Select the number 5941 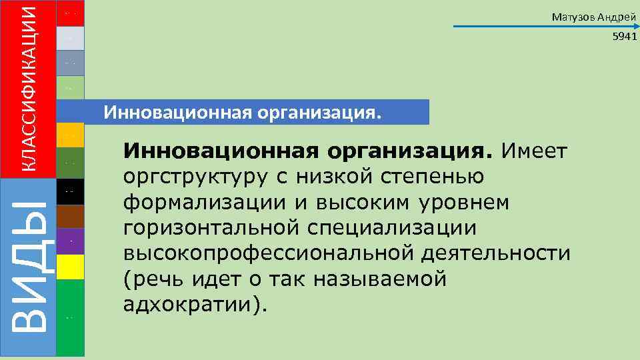pyautogui.click(x=625, y=38)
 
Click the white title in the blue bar pyautogui.click(x=244, y=112)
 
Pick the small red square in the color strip pyautogui.click(x=71, y=13)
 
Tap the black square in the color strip pyautogui.click(x=71, y=191)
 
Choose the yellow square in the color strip pyautogui.click(x=71, y=267)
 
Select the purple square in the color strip pyautogui.click(x=71, y=241)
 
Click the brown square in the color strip pyautogui.click(x=71, y=217)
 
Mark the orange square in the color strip pyautogui.click(x=71, y=135)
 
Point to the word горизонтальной pyautogui.click(x=211, y=228)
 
